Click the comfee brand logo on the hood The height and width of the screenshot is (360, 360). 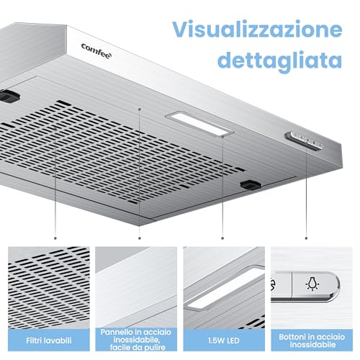[x=96, y=51]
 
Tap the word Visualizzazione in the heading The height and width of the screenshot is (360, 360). [x=257, y=30]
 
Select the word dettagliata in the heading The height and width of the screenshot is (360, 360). [x=279, y=60]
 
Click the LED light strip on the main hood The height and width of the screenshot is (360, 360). [x=199, y=124]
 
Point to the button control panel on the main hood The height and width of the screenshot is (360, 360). [x=305, y=141]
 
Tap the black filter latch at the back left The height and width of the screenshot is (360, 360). [x=9, y=96]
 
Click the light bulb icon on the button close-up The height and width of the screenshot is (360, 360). [x=312, y=284]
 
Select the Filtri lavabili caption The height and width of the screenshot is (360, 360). [x=49, y=341]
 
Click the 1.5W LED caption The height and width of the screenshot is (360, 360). [x=224, y=341]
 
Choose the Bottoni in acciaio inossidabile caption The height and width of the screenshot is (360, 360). [x=312, y=341]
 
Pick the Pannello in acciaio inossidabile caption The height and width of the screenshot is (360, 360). [x=136, y=340]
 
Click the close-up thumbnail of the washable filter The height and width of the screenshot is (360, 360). [x=49, y=287]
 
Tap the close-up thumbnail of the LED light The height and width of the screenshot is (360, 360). [x=224, y=287]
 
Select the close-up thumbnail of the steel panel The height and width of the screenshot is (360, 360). [x=136, y=287]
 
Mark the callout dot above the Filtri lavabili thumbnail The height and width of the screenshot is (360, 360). [x=55, y=238]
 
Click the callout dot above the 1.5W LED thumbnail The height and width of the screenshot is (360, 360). [x=222, y=238]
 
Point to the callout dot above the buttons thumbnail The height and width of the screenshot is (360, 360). [x=306, y=238]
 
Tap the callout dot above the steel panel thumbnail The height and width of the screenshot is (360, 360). [x=140, y=238]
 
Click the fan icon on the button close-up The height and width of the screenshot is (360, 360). [x=273, y=284]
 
